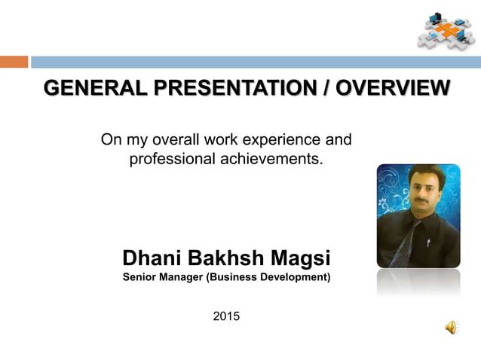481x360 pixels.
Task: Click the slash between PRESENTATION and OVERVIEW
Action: coord(326,89)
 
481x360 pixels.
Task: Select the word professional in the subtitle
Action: coord(175,159)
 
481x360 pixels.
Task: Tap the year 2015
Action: coord(226,316)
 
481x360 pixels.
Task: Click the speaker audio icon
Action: coord(450,327)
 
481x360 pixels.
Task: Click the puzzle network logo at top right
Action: coord(446,30)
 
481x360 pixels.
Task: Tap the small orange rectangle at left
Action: coord(14,62)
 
